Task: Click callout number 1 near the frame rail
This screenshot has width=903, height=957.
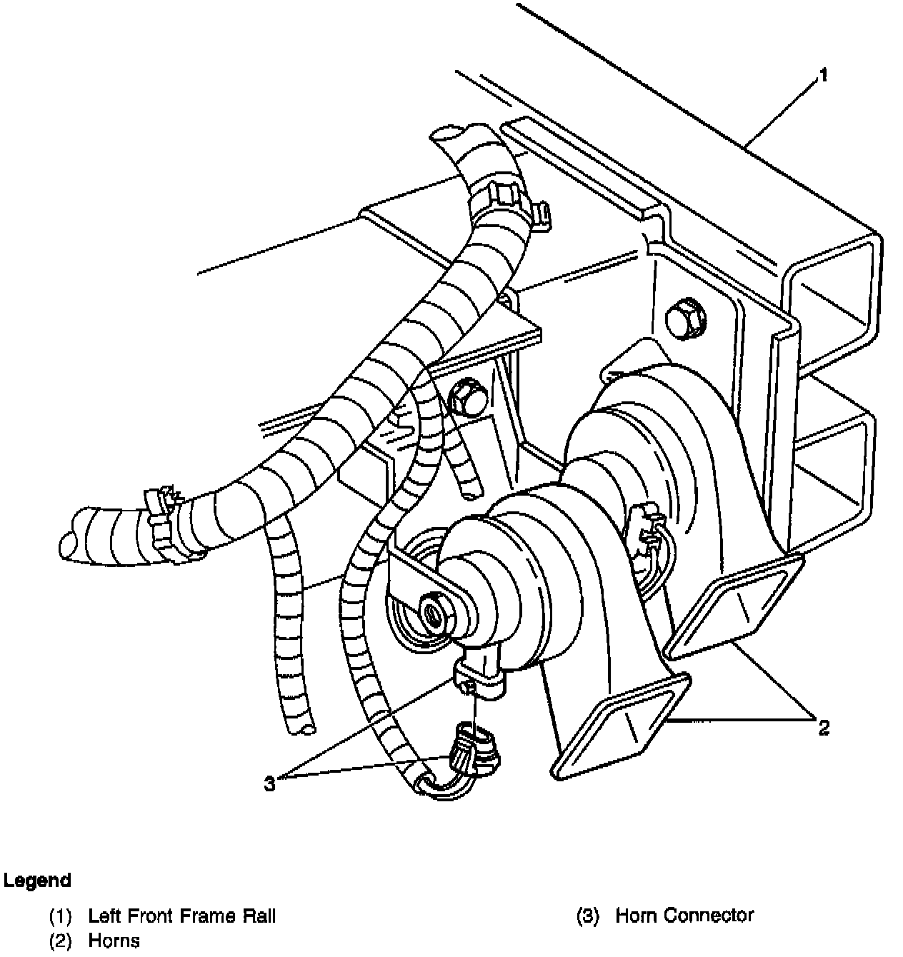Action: [823, 75]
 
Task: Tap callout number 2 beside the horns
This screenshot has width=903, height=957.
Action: [824, 728]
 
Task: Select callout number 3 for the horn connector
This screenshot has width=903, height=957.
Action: [269, 783]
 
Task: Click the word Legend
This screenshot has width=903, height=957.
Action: [37, 881]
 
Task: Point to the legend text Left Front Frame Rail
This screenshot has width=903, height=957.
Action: [181, 916]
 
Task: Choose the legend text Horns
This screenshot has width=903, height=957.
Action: [114, 941]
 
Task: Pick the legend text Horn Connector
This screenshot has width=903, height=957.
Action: [684, 916]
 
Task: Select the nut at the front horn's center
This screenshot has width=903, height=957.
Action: [434, 611]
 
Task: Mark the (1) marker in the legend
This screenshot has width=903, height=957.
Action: [60, 916]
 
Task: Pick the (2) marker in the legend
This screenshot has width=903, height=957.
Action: [60, 941]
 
